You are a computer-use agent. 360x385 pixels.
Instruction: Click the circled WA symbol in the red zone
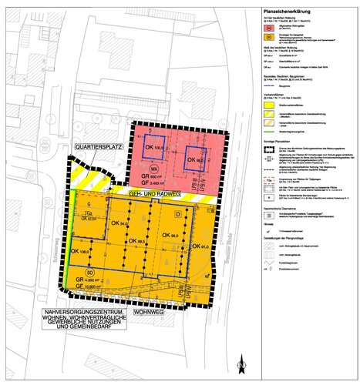click(x=154, y=168)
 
